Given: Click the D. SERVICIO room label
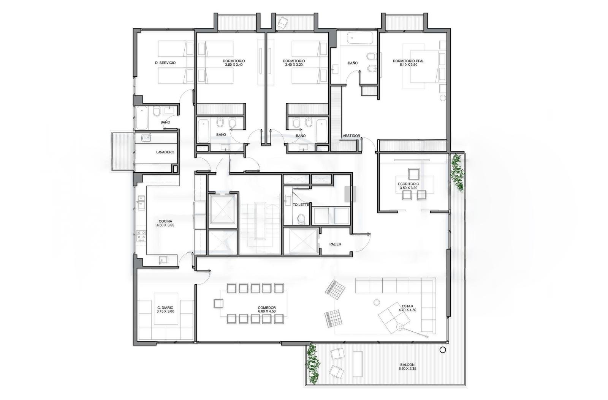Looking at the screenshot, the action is (x=165, y=63).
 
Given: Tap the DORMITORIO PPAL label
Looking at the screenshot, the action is (x=408, y=61).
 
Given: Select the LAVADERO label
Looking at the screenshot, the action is (x=165, y=152).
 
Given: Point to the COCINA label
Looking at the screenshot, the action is (x=165, y=221).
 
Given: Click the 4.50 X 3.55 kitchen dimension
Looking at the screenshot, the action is (x=165, y=225).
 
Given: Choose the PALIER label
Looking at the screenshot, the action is (x=335, y=244).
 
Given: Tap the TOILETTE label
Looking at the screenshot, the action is (x=301, y=205).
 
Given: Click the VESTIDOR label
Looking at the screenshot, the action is (x=351, y=136).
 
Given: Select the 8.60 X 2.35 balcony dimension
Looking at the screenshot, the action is (x=407, y=369).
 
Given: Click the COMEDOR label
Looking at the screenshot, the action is (x=266, y=307).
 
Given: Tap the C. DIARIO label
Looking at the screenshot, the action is (x=165, y=308).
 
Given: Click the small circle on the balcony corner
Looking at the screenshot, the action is (x=442, y=350).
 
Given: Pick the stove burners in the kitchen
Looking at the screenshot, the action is (x=141, y=236).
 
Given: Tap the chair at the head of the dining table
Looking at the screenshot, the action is (x=218, y=304).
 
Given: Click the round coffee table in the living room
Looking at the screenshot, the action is (x=377, y=302).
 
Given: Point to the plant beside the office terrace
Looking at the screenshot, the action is (x=457, y=172).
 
